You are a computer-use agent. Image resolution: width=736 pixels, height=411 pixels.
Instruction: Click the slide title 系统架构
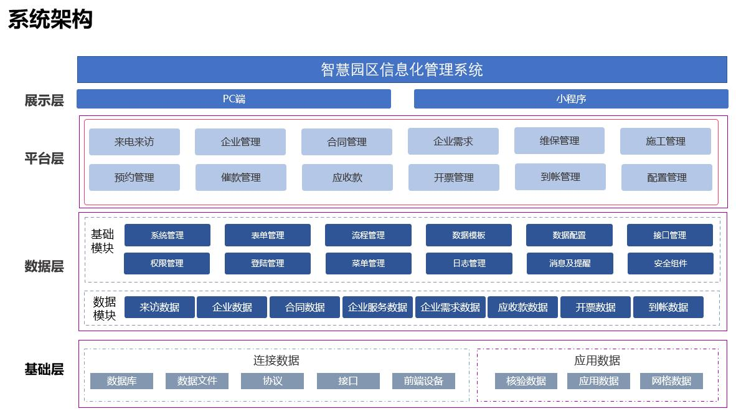pos(50,19)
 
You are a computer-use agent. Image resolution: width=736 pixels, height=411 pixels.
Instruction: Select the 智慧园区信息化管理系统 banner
pos(402,69)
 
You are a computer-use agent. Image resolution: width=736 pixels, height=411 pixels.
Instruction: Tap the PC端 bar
pos(234,99)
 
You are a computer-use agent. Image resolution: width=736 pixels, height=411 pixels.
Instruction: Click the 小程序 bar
pos(570,99)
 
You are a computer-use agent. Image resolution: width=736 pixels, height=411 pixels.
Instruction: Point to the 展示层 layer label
pos(44,100)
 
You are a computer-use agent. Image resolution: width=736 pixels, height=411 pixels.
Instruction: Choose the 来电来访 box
pos(134,142)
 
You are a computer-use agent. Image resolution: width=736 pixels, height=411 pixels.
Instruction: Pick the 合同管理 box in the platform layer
pos(347,142)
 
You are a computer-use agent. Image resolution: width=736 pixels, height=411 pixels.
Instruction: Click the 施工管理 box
pos(665,141)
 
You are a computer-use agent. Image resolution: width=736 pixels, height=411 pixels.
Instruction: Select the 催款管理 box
pos(240,177)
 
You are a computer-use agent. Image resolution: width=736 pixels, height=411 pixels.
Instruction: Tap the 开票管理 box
pos(453,177)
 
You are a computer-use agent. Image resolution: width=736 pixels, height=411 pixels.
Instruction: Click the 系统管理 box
pos(167,235)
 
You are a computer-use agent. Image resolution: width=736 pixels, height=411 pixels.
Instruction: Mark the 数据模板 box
pos(468,235)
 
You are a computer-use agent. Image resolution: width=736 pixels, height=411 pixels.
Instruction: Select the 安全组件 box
pos(670,263)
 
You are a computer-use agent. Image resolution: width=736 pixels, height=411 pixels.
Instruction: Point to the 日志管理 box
pos(469,263)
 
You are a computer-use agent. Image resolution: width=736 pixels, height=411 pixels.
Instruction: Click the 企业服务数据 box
pos(377,307)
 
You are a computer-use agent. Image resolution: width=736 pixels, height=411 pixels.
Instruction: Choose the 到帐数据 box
pos(668,307)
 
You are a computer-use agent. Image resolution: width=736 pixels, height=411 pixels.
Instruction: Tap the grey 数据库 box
pos(121,380)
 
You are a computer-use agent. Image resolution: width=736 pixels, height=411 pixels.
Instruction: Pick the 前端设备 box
pos(423,380)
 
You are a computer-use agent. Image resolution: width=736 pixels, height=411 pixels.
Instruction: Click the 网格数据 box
pos(671,380)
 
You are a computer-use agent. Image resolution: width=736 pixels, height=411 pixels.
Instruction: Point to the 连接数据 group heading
pos(276,360)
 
